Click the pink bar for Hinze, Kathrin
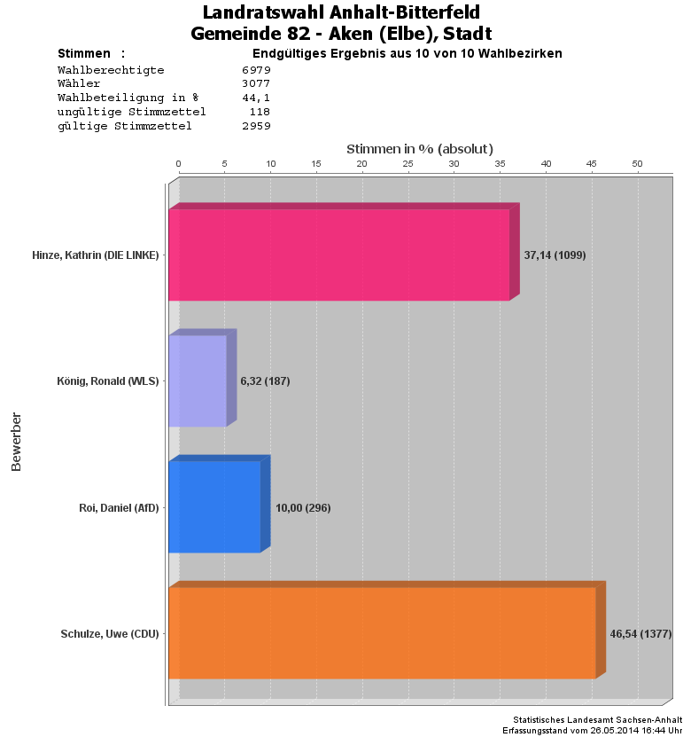click(x=339, y=255)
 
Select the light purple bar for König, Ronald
click(x=198, y=380)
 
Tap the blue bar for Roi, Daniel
click(x=214, y=506)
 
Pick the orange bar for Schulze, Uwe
click(x=382, y=633)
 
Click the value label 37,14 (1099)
click(x=555, y=255)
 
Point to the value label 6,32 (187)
click(x=265, y=381)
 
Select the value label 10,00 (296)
click(x=303, y=507)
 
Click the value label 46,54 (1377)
click(x=640, y=634)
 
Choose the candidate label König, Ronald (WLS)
click(x=107, y=381)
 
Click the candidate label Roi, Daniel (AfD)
click(x=119, y=507)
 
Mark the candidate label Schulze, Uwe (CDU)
click(x=110, y=634)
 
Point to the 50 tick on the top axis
click(x=637, y=164)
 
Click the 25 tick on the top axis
click(x=407, y=164)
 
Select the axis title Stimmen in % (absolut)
click(x=419, y=148)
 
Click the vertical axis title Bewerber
click(x=16, y=441)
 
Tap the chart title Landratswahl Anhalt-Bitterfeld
click(x=341, y=12)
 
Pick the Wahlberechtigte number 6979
click(x=256, y=69)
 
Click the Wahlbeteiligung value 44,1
click(x=256, y=98)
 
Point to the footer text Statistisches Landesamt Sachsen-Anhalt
click(x=597, y=719)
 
